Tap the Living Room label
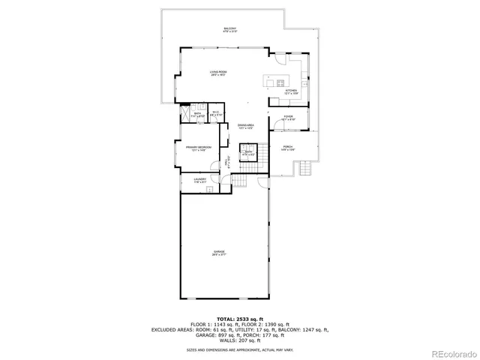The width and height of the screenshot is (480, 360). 218,73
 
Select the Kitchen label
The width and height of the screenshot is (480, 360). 291,91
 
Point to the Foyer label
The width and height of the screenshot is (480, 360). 289,118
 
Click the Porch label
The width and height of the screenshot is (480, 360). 287,148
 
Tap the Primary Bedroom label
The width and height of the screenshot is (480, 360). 199,148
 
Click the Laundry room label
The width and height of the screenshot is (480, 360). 199,180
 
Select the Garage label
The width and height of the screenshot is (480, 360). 219,253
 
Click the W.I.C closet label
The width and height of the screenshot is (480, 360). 215,113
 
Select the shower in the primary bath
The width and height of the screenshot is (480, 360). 184,115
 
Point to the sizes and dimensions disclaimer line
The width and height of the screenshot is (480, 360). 239,349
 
